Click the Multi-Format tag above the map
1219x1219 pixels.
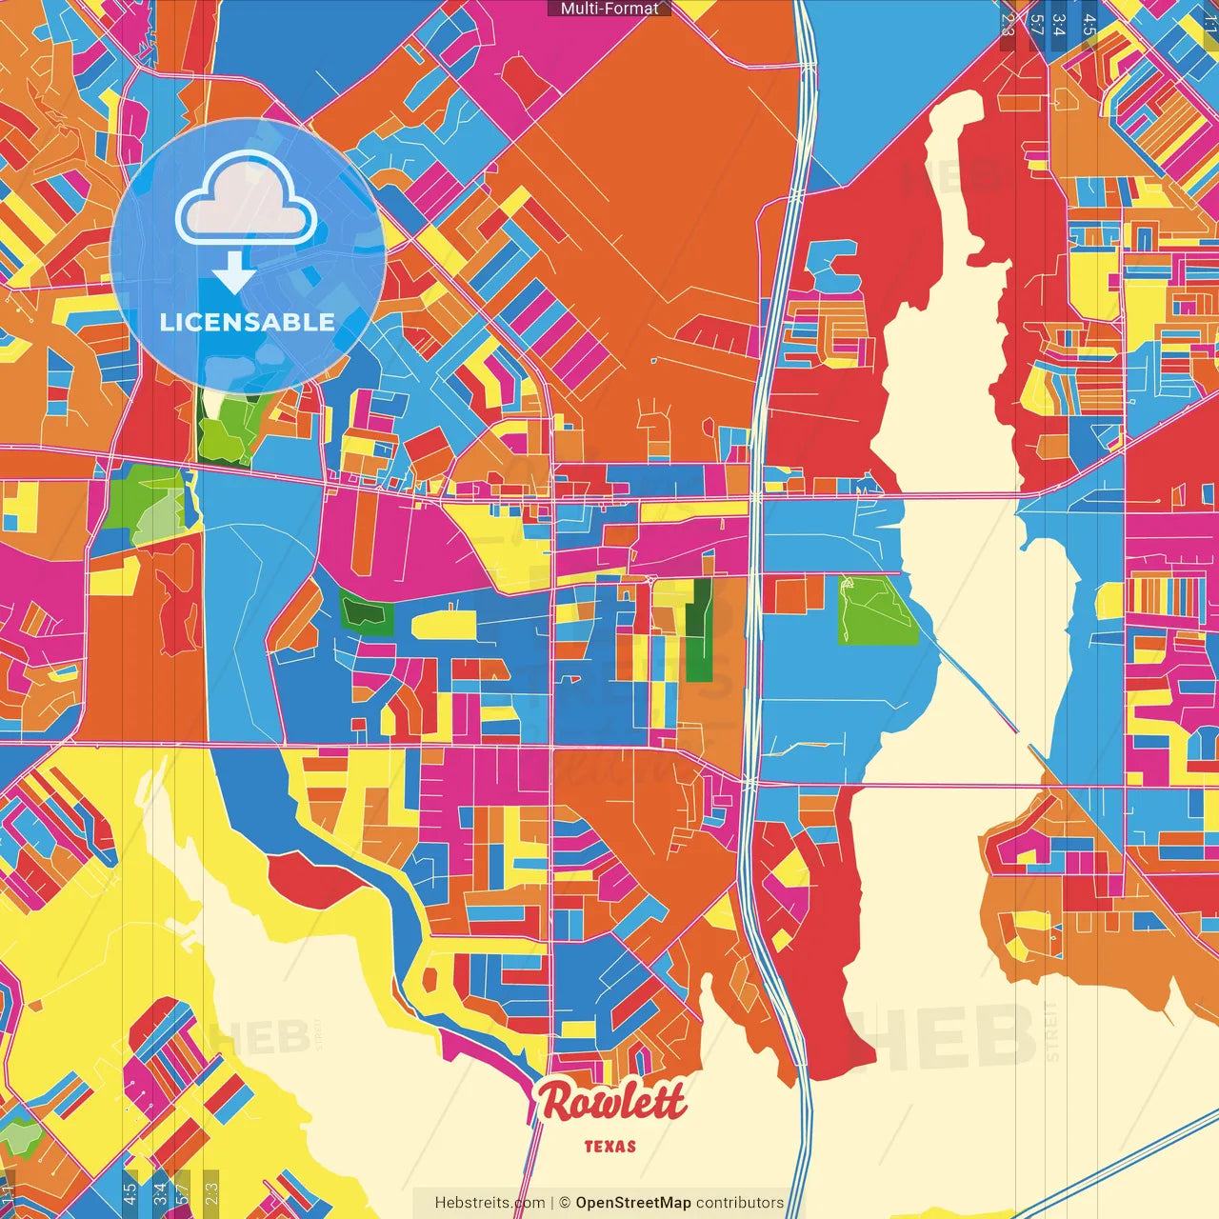[x=609, y=9]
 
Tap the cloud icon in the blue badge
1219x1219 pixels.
[x=246, y=199]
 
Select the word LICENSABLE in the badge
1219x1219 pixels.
[x=247, y=322]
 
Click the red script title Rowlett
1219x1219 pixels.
[x=610, y=1103]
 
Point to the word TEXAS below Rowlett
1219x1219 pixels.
[x=609, y=1147]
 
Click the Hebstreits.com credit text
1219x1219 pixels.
[x=490, y=1203]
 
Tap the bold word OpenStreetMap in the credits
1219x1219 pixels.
[x=632, y=1203]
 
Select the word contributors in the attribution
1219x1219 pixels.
[x=740, y=1203]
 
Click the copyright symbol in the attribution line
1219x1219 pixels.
[x=565, y=1203]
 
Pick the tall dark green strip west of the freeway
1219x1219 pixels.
[x=700, y=631]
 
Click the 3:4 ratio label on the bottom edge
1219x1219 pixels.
[x=160, y=1192]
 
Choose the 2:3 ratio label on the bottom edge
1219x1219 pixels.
[x=211, y=1192]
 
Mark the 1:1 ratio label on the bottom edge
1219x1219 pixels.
[x=9, y=1192]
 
